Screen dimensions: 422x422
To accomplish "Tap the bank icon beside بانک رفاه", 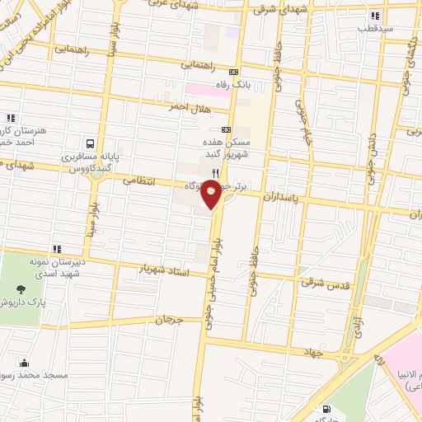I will (x=233, y=70).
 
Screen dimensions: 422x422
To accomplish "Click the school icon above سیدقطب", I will (x=376, y=16).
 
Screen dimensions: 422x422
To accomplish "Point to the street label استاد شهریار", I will (x=164, y=270).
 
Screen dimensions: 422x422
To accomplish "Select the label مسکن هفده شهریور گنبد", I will (x=228, y=148).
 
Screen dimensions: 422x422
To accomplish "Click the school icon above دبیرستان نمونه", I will (x=56, y=248).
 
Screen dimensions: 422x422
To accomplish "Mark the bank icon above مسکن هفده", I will (x=226, y=129).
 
